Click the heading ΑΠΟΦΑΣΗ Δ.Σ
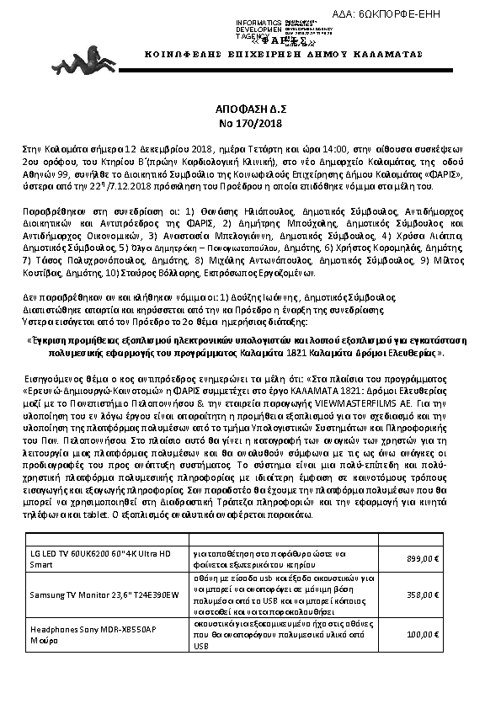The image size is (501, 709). tap(250, 109)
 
